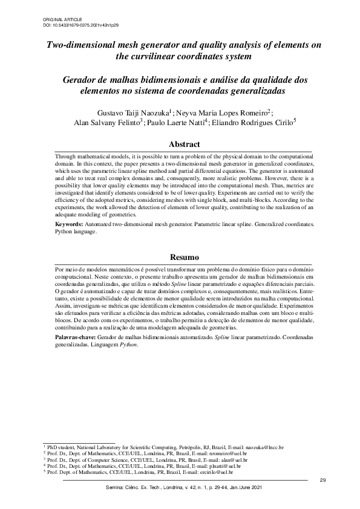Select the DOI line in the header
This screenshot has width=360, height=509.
pyautogui.click(x=81, y=27)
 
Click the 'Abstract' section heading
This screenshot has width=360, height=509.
pyautogui.click(x=184, y=145)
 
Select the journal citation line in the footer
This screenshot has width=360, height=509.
pyautogui.click(x=184, y=488)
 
